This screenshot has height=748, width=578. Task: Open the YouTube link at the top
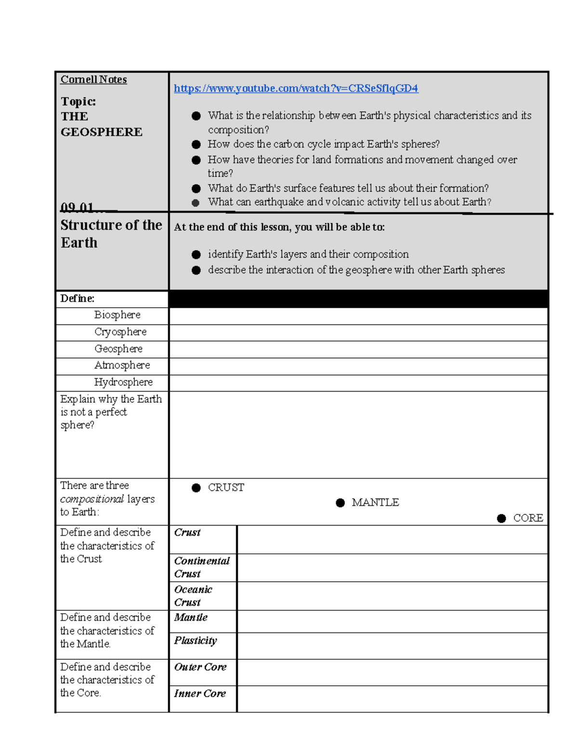296,88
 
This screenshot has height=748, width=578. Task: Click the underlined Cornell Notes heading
93,79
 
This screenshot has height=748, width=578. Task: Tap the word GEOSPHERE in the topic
101,132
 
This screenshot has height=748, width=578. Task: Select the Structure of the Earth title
111,234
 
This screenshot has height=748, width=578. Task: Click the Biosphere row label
117,315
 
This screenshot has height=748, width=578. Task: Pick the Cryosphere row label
120,332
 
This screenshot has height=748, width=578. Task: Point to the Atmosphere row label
122,365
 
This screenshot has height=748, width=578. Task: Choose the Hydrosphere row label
123,382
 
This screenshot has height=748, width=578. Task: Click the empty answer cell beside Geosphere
358,349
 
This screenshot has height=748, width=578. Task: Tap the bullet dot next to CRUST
196,488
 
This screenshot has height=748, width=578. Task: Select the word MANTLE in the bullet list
375,502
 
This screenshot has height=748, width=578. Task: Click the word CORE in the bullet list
528,518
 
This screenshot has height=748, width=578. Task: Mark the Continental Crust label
202,567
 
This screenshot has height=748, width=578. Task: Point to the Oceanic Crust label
193,596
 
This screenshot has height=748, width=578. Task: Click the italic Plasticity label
196,641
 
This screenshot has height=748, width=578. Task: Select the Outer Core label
200,667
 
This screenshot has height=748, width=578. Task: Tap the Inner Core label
200,694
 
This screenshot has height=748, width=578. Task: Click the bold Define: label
77,299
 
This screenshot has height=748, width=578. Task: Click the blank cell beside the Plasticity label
392,645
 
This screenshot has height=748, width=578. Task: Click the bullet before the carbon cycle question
196,144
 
